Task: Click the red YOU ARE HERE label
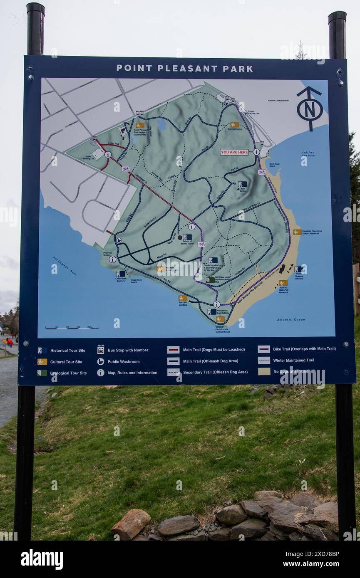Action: tap(234, 152)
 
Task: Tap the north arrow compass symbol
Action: tap(309, 108)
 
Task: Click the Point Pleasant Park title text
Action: tap(184, 69)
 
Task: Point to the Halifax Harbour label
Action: tap(308, 154)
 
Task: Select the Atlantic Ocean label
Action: tap(291, 319)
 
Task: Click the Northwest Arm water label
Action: tap(65, 266)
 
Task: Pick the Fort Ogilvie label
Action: tap(243, 190)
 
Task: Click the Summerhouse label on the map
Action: tap(235, 129)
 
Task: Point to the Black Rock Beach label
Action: tap(275, 165)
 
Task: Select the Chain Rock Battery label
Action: tap(121, 279)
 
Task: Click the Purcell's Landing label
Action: tap(183, 304)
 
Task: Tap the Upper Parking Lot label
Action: tap(88, 158)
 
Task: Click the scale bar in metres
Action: tap(72, 328)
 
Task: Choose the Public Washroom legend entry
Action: tap(124, 362)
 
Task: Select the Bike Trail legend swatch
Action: tap(263, 349)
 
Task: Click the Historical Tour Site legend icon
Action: tap(42, 351)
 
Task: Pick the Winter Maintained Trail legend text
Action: tap(293, 360)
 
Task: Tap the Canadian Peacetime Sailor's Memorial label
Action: tap(312, 232)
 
